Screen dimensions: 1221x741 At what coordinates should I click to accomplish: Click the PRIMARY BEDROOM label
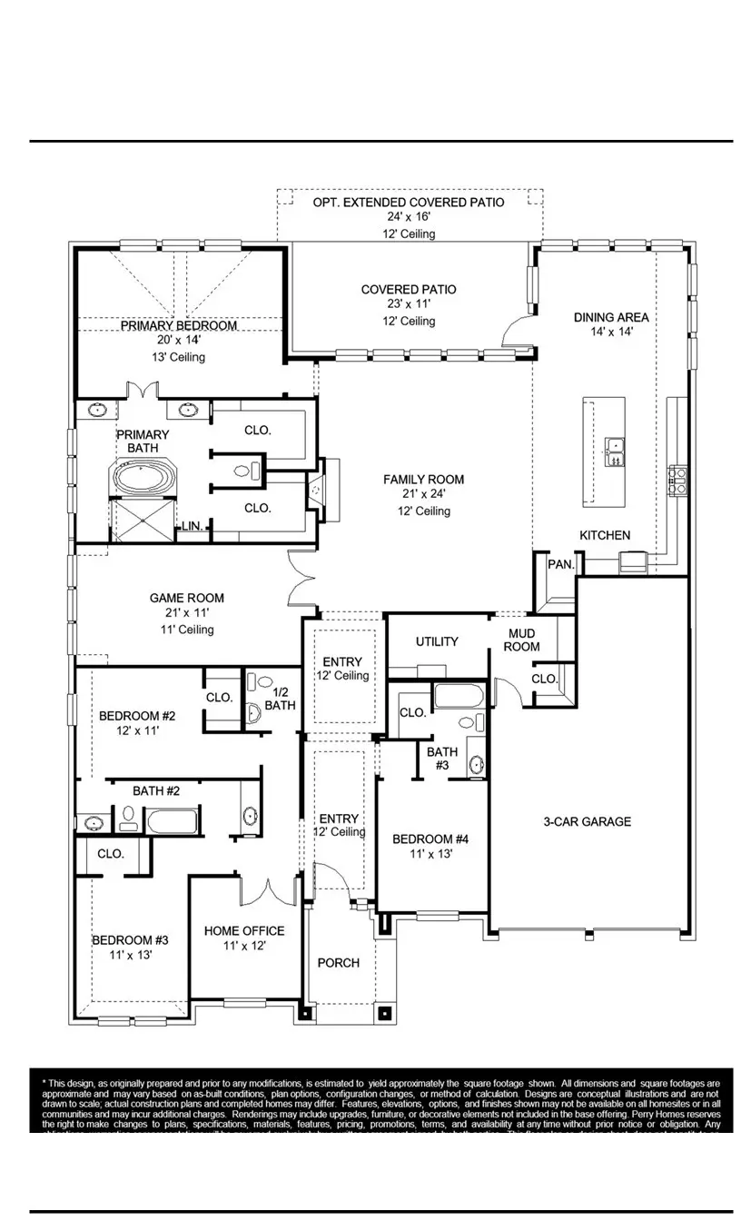pyautogui.click(x=179, y=325)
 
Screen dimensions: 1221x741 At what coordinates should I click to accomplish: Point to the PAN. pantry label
pyautogui.click(x=560, y=564)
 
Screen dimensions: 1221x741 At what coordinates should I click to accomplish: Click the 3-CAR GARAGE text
pyautogui.click(x=587, y=821)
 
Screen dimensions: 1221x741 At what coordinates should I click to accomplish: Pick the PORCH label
pyautogui.click(x=338, y=962)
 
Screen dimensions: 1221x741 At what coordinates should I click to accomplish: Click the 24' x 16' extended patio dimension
pyautogui.click(x=408, y=218)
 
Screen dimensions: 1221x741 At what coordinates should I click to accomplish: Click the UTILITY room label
pyautogui.click(x=437, y=641)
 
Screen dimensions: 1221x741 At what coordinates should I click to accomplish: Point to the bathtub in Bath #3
pyautogui.click(x=460, y=697)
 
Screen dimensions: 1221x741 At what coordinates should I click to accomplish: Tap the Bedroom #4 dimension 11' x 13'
pyautogui.click(x=430, y=854)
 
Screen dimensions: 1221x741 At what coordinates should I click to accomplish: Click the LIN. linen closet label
pyautogui.click(x=192, y=526)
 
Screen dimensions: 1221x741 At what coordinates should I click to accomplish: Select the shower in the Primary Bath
pyautogui.click(x=142, y=521)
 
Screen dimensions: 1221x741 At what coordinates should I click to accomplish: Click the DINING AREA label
pyautogui.click(x=611, y=317)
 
